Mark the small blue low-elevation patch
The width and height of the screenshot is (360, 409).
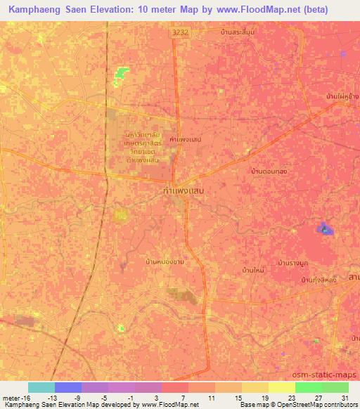coord(324,228)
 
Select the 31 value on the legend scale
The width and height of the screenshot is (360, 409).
coord(345,397)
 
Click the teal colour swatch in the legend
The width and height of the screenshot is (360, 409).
coord(41,387)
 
